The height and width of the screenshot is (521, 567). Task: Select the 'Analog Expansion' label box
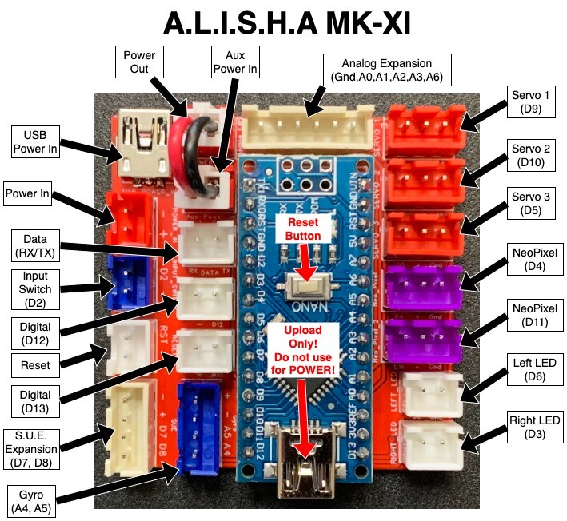[x=387, y=70]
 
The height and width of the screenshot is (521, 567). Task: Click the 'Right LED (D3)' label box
[x=534, y=428]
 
